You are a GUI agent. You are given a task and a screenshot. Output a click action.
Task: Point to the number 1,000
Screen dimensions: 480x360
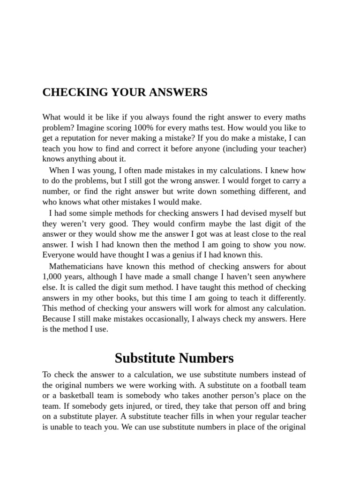click(52, 277)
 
